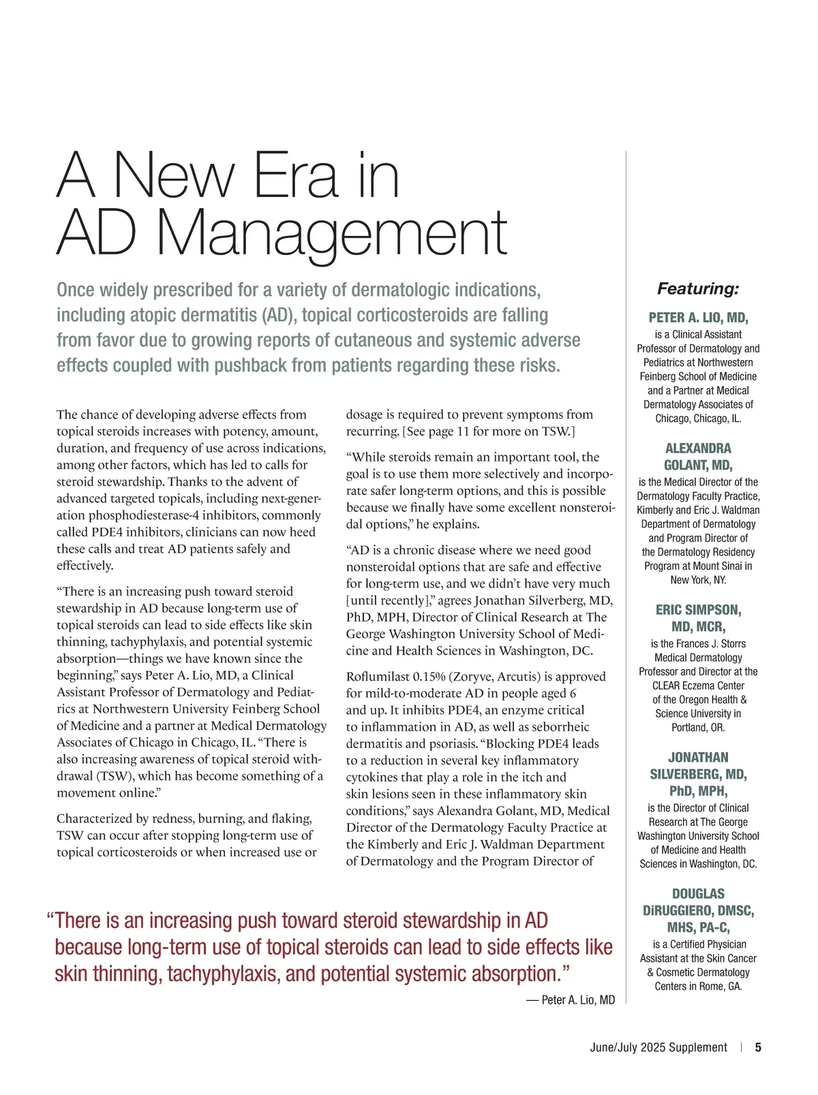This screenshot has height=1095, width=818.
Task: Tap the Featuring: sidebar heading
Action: tap(698, 288)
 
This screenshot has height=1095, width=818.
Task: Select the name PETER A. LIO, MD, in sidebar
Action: tap(698, 318)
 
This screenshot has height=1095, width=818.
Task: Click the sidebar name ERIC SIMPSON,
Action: tap(698, 610)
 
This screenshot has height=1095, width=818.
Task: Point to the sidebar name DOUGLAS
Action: tap(698, 893)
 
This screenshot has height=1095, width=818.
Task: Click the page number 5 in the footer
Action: tap(758, 1047)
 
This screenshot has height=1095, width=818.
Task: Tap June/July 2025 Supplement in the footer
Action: tap(658, 1047)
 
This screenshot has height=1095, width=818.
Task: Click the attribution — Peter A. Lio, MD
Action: tap(571, 1000)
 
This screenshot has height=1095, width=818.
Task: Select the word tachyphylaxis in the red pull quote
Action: tap(224, 973)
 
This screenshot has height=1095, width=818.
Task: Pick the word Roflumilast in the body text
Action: tap(377, 676)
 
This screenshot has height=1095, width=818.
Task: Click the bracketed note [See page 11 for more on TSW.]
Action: tap(489, 431)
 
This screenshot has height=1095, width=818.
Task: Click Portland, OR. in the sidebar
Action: tap(698, 727)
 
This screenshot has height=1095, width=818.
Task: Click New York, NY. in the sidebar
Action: tap(698, 580)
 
